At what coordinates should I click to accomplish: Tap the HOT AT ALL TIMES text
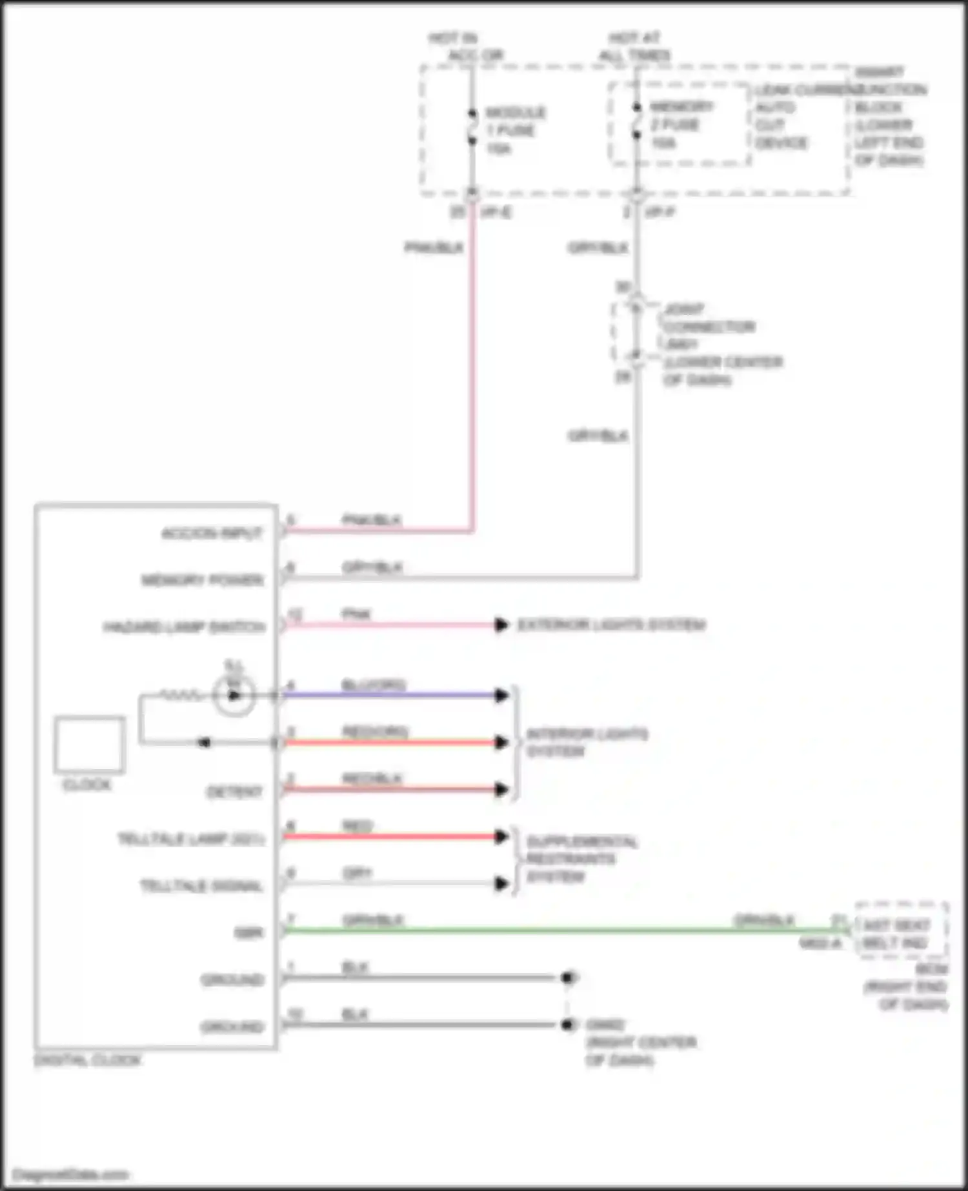point(635,46)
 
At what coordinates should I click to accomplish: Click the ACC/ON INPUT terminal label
point(212,534)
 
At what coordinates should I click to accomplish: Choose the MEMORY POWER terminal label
point(203,580)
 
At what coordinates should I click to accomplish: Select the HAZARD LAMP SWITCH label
point(185,627)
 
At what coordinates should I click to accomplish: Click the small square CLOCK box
point(89,744)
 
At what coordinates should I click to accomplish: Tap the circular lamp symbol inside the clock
point(234,695)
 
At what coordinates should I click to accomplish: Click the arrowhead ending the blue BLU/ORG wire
point(501,695)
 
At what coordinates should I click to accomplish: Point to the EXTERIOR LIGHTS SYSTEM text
point(611,625)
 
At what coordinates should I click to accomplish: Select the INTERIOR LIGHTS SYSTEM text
point(586,743)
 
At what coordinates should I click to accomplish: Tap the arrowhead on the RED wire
point(501,837)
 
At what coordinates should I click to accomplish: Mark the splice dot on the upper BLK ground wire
point(568,978)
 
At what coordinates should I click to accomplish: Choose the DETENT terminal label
point(234,792)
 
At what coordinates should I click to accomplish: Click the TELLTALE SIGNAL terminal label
point(201,886)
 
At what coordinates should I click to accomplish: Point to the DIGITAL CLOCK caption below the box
point(87,1060)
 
